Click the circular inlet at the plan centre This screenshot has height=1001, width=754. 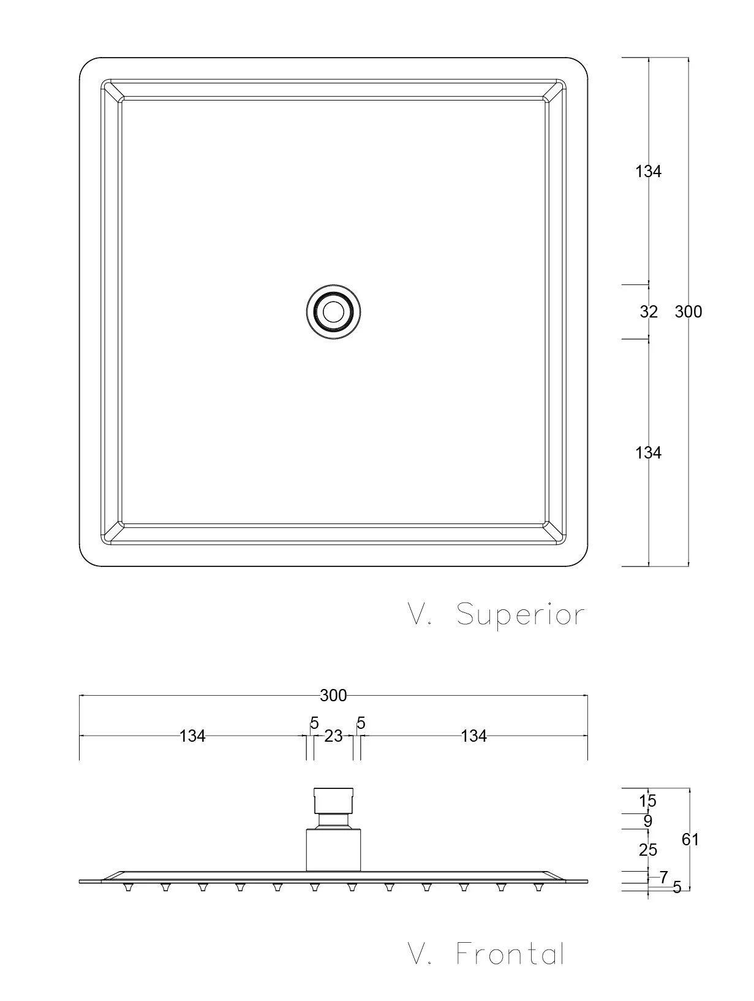pos(333,312)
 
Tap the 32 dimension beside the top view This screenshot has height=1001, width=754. pos(648,312)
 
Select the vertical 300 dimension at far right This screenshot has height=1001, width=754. pos(688,312)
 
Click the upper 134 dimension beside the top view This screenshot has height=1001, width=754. pos(648,172)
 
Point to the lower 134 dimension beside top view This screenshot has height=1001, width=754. pos(648,453)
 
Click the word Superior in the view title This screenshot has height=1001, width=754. pos(520,615)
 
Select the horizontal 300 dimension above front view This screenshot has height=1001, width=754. pos(333,696)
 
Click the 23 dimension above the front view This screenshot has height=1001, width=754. pos(333,736)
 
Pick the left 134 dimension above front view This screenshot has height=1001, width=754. pos(192,736)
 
